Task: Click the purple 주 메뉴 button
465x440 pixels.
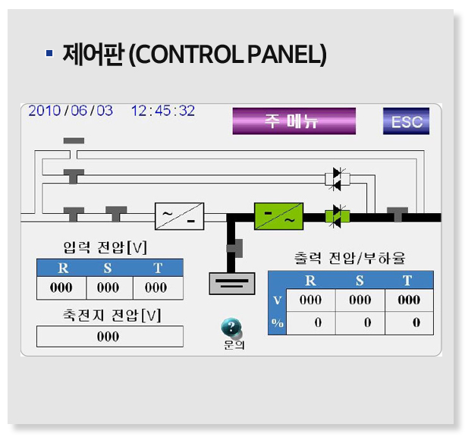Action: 294,121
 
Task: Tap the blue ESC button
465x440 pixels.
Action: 406,121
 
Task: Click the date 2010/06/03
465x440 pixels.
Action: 71,111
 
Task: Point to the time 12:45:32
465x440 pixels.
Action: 162,111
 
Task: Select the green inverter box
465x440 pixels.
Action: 278,216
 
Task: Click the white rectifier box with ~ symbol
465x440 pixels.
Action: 179,216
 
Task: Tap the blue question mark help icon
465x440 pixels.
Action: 231,328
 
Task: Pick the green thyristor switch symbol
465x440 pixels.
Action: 337,216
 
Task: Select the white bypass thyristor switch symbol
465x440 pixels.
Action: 337,178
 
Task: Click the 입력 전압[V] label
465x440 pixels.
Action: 105,247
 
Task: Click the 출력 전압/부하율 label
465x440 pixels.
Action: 350,258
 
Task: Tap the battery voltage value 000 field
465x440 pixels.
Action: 109,336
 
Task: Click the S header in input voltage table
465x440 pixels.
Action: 108,268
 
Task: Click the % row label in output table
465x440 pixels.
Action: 277,322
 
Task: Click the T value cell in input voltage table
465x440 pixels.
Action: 157,288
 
